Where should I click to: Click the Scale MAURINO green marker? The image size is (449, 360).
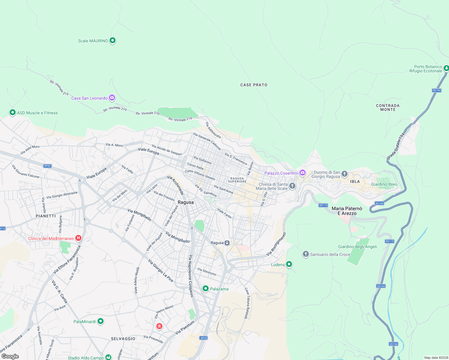pyautogui.click(x=113, y=40)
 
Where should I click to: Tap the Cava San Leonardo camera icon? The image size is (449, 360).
pyautogui.click(x=112, y=97)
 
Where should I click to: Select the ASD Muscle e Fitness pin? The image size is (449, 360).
pyautogui.click(x=12, y=112)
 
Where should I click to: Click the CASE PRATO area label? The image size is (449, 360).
pyautogui.click(x=254, y=85)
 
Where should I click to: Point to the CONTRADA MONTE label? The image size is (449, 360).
pyautogui.click(x=388, y=108)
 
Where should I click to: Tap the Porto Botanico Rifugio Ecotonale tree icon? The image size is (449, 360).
pyautogui.click(x=446, y=68)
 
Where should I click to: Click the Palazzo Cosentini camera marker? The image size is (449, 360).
pyautogui.click(x=303, y=173)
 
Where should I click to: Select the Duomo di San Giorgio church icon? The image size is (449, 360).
pyautogui.click(x=345, y=174)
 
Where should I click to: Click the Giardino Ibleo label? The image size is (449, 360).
pyautogui.click(x=384, y=184)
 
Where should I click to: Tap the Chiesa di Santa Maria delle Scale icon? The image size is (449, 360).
pyautogui.click(x=292, y=186)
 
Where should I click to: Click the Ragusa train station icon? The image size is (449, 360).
pyautogui.click(x=227, y=243)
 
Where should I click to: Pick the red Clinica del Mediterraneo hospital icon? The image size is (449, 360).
pyautogui.click(x=78, y=238)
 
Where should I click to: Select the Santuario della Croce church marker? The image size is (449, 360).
pyautogui.click(x=306, y=254)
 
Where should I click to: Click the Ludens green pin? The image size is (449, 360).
pyautogui.click(x=289, y=264)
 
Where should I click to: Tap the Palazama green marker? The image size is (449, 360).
pyautogui.click(x=206, y=289)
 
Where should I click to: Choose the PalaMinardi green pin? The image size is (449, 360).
pyautogui.click(x=101, y=321)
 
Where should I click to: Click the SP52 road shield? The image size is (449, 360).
pyautogui.click(x=47, y=166)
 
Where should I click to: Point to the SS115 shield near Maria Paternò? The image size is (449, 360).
pyautogui.click(x=323, y=205)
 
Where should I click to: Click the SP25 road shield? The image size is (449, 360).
pyautogui.click(x=203, y=338)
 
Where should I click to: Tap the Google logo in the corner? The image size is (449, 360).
pyautogui.click(x=10, y=356)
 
